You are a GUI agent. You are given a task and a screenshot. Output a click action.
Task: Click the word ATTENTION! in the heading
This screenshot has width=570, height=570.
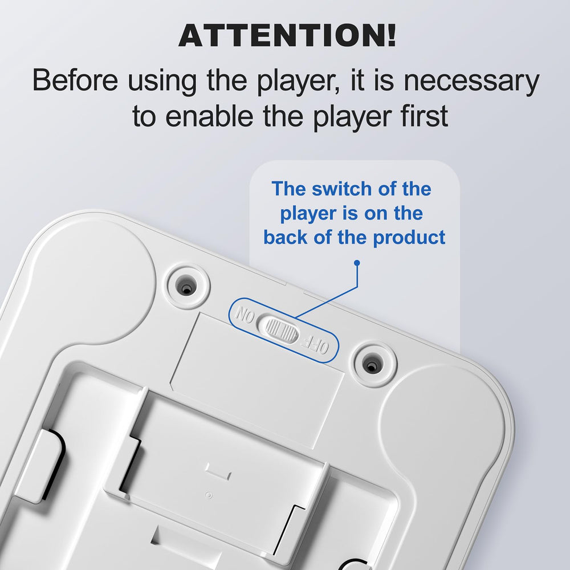click(287, 35)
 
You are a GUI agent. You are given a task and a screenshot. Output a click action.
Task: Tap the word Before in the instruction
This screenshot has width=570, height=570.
click(75, 80)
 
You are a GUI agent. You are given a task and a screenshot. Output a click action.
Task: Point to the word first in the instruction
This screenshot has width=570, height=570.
click(422, 115)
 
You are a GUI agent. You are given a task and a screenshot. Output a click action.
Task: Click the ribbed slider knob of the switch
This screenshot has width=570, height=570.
click(282, 329)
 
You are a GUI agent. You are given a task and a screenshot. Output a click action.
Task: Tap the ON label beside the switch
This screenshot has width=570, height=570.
click(245, 315)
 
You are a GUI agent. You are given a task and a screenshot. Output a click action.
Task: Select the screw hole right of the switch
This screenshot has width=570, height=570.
click(371, 365)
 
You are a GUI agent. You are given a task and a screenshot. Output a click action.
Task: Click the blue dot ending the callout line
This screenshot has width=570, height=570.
click(357, 262)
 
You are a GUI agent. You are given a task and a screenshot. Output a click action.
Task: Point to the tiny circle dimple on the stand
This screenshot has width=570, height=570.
click(209, 495)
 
